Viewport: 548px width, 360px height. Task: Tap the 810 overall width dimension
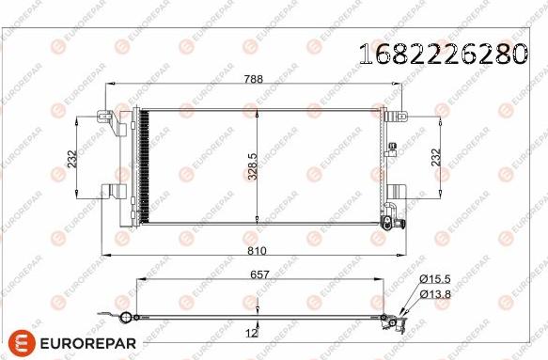pyautogui.click(x=256, y=252)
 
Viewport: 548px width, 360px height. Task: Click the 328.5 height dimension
pyautogui.click(x=252, y=166)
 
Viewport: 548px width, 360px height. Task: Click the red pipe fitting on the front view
pyautogui.click(x=390, y=222)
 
